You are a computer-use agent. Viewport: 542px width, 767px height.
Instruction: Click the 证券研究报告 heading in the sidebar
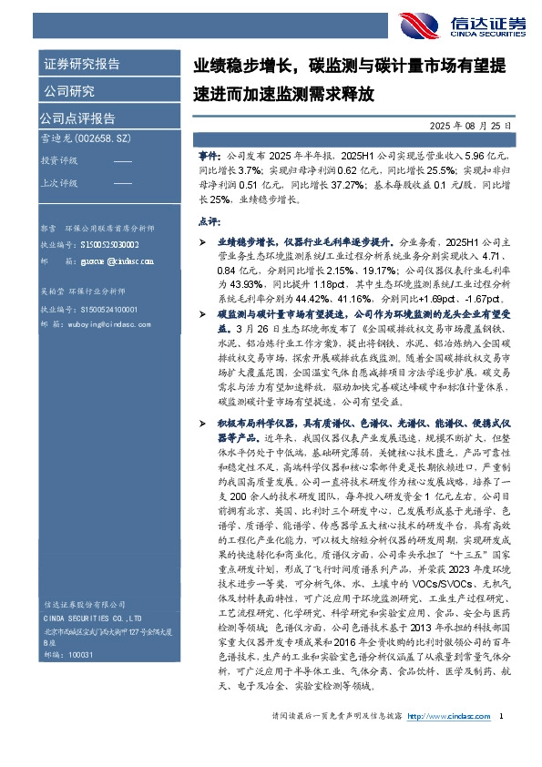81,65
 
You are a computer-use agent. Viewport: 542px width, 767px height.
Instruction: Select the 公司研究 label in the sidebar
68,91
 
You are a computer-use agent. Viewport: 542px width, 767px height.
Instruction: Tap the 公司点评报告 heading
78,118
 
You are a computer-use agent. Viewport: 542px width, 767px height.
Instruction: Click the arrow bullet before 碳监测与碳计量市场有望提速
204,312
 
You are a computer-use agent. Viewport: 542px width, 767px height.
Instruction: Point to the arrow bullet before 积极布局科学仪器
204,399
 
